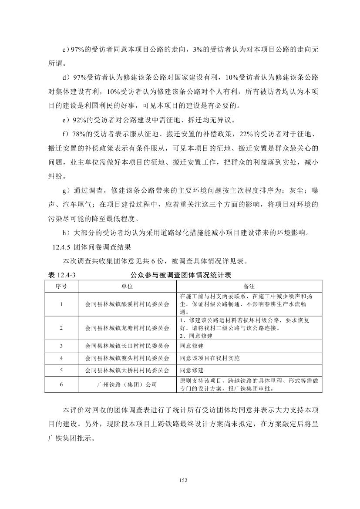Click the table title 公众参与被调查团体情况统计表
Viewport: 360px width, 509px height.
(180, 275)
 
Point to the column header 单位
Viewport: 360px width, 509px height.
(127, 286)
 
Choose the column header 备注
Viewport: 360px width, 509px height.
(249, 286)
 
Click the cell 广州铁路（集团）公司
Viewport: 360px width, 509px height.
(127, 384)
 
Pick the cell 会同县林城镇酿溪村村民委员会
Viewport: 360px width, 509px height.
(127, 304)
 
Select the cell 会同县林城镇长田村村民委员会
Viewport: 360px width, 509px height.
(127, 346)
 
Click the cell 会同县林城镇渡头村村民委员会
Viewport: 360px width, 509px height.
(127, 358)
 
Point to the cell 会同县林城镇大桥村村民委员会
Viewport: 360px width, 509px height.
(127, 371)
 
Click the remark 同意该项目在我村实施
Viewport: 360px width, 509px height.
(210, 358)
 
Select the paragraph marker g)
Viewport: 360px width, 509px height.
(66, 191)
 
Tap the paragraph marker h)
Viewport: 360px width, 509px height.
(66, 233)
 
